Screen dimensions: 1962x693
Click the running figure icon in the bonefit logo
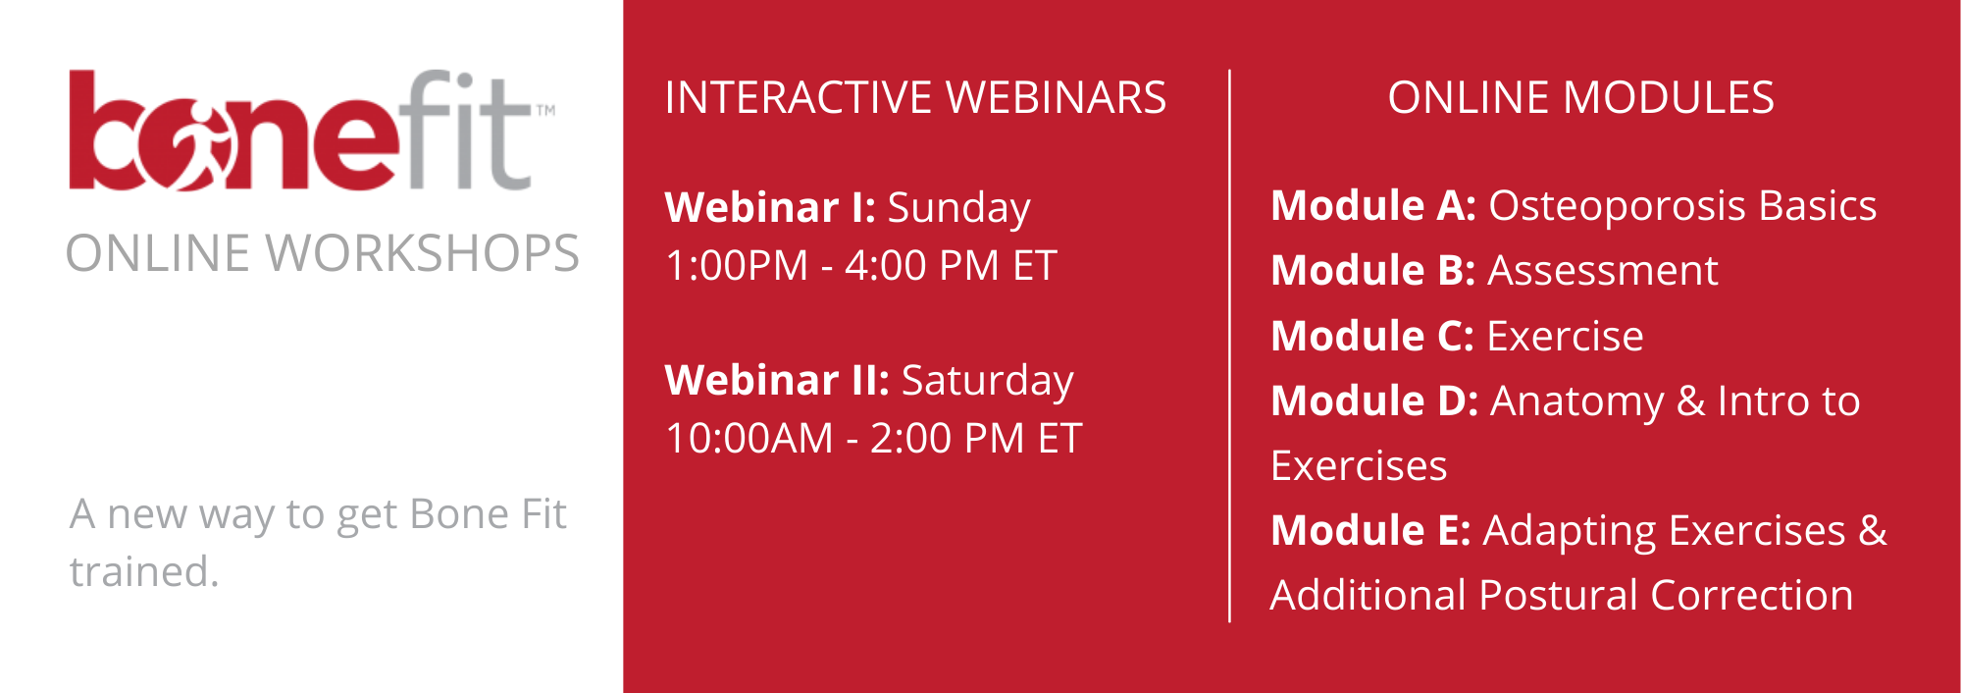[204, 145]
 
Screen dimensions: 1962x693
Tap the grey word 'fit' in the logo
[466, 130]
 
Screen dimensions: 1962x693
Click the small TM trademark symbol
[545, 110]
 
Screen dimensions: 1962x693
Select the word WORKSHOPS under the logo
[423, 253]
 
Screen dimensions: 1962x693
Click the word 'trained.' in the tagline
[144, 571]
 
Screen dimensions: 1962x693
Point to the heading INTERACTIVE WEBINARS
[915, 97]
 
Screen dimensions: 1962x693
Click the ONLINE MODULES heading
[1581, 97]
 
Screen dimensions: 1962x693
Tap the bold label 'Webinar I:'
[770, 207]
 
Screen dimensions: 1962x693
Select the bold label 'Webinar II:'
[777, 380]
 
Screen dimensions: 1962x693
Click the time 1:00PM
[737, 265]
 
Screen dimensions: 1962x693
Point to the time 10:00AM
[749, 438]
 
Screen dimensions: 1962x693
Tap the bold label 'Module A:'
[1373, 205]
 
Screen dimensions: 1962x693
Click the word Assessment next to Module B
[1603, 270]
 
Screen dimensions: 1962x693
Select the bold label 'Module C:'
[1372, 336]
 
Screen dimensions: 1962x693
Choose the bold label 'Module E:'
[1370, 530]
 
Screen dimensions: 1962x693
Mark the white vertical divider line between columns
[1229, 346]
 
